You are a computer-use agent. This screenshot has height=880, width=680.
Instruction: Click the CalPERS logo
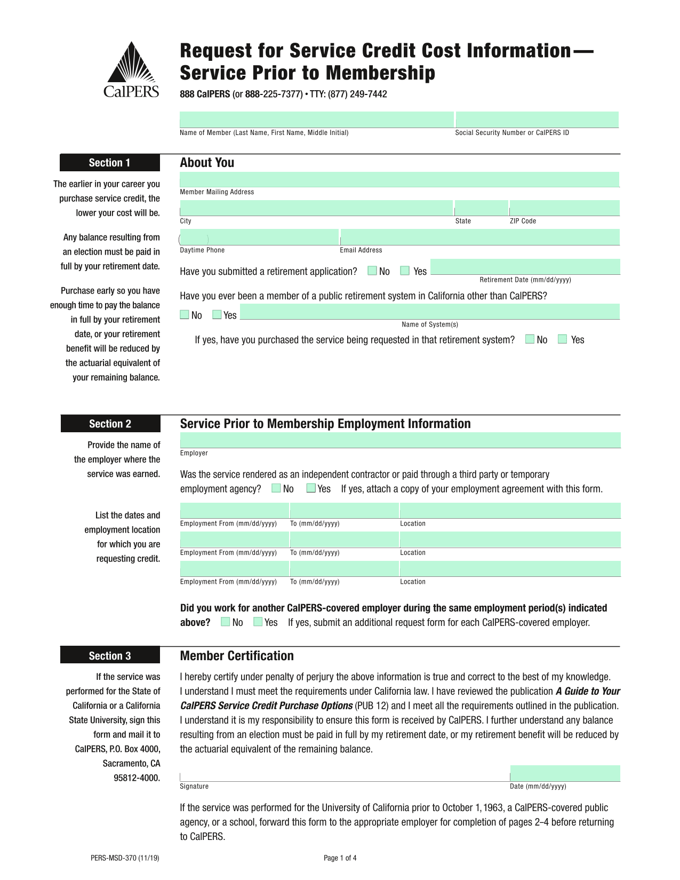coord(131,70)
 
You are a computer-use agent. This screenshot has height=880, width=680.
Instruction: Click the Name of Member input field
coord(316,120)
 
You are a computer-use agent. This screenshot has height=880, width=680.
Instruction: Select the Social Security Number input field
coord(537,120)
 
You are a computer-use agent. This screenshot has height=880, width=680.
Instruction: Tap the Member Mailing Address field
coord(399,180)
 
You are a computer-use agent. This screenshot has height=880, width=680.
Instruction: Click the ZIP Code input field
coord(564,208)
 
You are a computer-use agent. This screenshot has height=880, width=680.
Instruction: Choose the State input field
coord(481,208)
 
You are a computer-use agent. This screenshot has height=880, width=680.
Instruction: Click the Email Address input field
coord(479,237)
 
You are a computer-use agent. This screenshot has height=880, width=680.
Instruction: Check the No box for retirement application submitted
coord(372,271)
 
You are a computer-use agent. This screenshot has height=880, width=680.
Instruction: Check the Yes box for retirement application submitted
coord(405,271)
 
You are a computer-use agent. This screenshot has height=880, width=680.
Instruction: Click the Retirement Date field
coord(525,267)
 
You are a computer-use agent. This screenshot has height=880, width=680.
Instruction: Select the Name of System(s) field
coord(430,312)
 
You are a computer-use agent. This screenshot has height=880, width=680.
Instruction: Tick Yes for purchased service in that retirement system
coord(562,339)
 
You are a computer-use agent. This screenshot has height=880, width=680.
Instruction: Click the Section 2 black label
coord(110,424)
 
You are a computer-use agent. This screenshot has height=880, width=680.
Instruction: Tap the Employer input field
coord(400,440)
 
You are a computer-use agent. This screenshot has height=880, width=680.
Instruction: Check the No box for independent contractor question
coord(276,488)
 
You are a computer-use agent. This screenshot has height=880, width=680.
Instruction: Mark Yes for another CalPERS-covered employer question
coord(258,622)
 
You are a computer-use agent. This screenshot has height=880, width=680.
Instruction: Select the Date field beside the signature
coord(565,774)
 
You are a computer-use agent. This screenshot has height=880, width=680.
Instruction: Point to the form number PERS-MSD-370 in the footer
coord(125,858)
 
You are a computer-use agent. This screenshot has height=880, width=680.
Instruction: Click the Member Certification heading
coord(237,656)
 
